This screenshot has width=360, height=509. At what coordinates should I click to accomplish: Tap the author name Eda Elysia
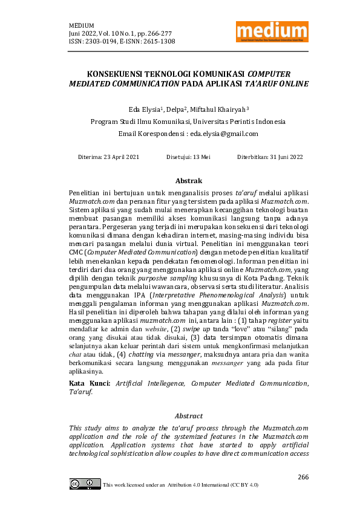coord(143,109)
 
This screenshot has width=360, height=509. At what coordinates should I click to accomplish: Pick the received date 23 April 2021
coord(120,157)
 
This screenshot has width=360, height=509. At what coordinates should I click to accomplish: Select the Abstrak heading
coord(188,181)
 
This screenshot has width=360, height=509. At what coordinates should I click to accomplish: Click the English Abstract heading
coord(188,416)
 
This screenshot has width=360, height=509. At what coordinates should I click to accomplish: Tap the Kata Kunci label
coord(90,383)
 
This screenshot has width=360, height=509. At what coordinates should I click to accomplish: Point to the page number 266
coord(303,477)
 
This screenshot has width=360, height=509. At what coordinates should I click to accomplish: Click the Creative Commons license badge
coord(85,484)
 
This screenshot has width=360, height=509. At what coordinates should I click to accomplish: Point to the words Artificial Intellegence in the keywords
coord(151,383)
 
